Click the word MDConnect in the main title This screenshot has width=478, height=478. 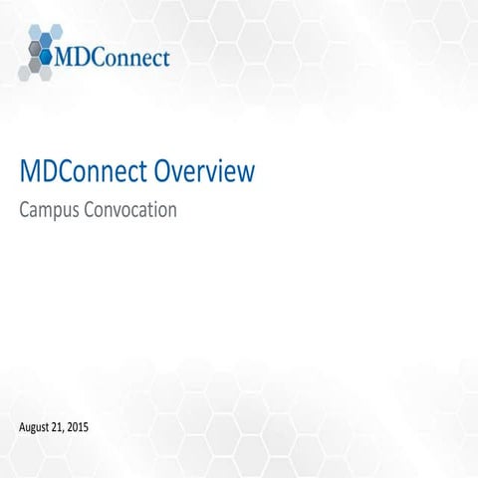84,172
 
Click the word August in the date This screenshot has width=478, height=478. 38,427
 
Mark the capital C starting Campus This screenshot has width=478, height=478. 25,210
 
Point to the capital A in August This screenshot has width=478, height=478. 23,427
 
